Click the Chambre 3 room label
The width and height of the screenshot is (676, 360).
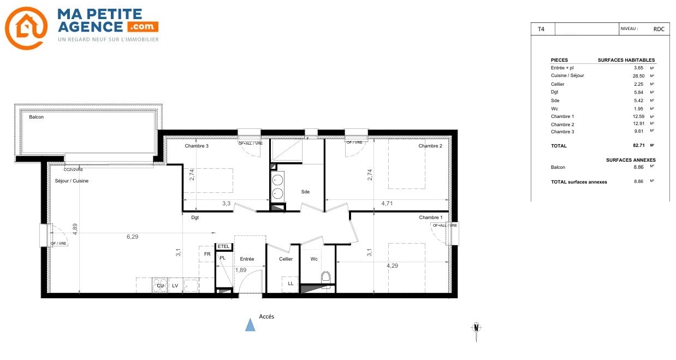tap(197, 146)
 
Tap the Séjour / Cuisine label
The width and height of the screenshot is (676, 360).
tap(72, 181)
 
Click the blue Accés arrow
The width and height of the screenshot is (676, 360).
tap(250, 324)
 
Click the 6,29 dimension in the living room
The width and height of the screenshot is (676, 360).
tap(133, 237)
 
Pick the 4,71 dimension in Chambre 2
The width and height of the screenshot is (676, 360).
tap(387, 204)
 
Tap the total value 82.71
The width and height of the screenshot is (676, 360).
tap(639, 145)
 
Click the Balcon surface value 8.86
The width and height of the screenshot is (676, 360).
tap(638, 167)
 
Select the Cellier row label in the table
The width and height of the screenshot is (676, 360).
tap(558, 84)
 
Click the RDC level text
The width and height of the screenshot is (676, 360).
tap(659, 29)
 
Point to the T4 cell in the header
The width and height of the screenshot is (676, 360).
tap(541, 29)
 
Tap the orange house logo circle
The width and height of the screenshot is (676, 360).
tap(26, 28)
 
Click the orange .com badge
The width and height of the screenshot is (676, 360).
tap(143, 27)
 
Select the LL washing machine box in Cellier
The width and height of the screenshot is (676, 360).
tap(290, 284)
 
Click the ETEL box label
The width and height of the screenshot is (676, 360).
tap(223, 246)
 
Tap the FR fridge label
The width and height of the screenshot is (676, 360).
tap(207, 254)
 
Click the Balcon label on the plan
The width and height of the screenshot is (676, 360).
tap(36, 117)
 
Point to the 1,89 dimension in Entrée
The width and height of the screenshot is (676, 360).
tap(241, 270)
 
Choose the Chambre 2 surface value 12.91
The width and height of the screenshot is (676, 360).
tap(638, 123)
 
